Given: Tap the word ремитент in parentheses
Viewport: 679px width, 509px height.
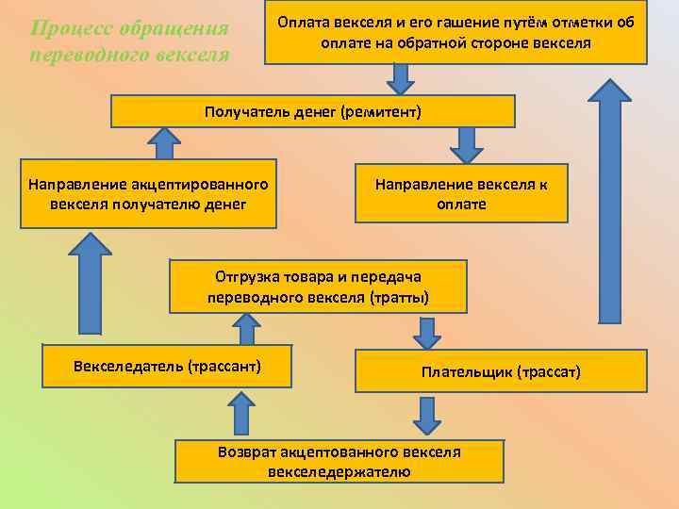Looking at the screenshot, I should (382, 112).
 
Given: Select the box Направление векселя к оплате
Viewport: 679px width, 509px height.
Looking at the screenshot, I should (461, 193).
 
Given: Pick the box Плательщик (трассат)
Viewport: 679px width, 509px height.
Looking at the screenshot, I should (501, 371).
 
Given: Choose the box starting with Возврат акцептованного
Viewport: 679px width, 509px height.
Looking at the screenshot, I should (339, 461).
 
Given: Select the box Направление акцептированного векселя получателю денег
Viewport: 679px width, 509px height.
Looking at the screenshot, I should (149, 193).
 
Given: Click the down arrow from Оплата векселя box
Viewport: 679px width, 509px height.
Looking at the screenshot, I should (401, 79).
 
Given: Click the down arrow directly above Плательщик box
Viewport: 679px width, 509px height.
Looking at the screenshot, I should (427, 332).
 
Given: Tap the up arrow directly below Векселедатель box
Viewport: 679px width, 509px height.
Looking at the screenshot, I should (242, 412).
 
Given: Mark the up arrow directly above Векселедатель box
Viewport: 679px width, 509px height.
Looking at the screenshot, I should (249, 329).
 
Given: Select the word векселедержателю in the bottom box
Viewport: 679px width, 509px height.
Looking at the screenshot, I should (339, 470).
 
